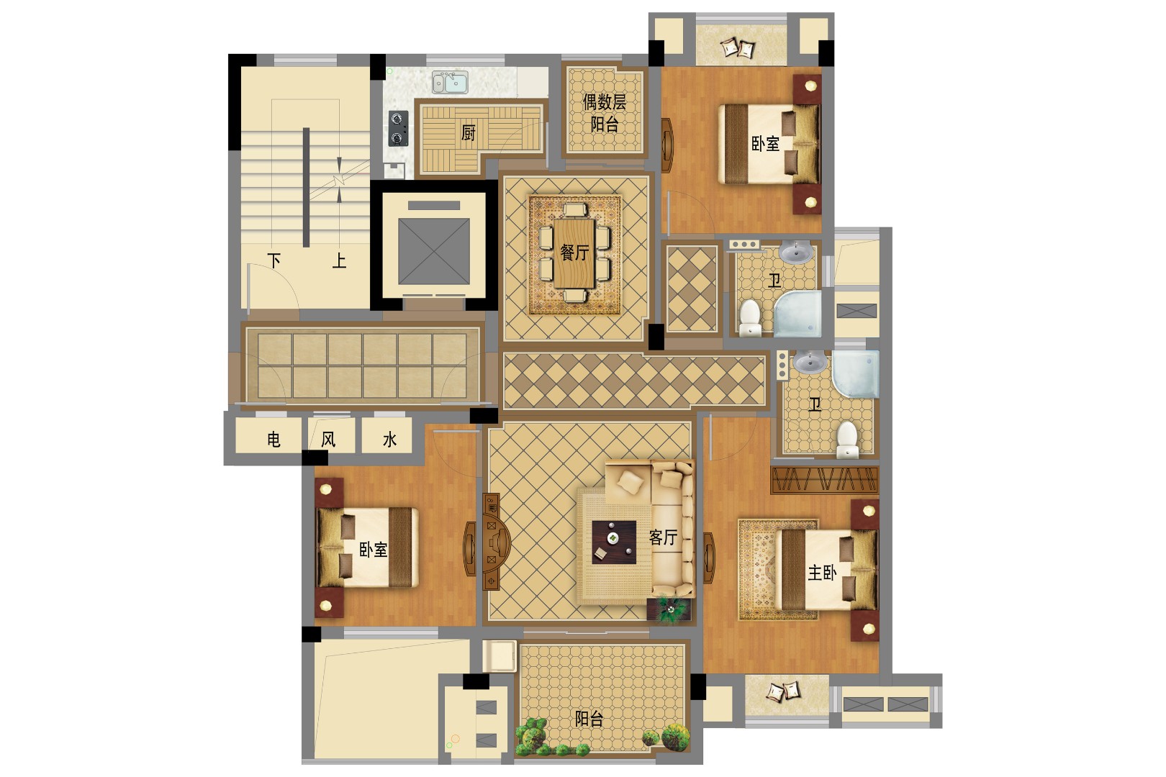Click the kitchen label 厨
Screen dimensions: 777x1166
pos(468,132)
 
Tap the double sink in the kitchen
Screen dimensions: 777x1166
pos(449,83)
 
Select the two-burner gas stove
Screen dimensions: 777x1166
pos(398,128)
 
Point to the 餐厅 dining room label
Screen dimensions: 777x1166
pos(574,253)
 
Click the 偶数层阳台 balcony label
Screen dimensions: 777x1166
pos(605,113)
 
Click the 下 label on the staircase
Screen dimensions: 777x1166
pos(274,260)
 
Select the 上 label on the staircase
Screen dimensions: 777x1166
pos(339,260)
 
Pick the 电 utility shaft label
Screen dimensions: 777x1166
pos(274,439)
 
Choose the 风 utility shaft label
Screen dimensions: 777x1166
pos(328,439)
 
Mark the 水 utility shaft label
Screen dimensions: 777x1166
pos(389,439)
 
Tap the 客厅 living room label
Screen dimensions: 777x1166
pos(663,537)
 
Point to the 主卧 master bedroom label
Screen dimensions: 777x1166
pos(822,573)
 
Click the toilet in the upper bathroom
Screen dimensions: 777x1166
pos(750,318)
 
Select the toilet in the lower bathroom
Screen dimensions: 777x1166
pos(848,438)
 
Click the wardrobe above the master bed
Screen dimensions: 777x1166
pos(824,480)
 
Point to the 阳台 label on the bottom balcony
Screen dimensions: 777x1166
pos(589,718)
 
